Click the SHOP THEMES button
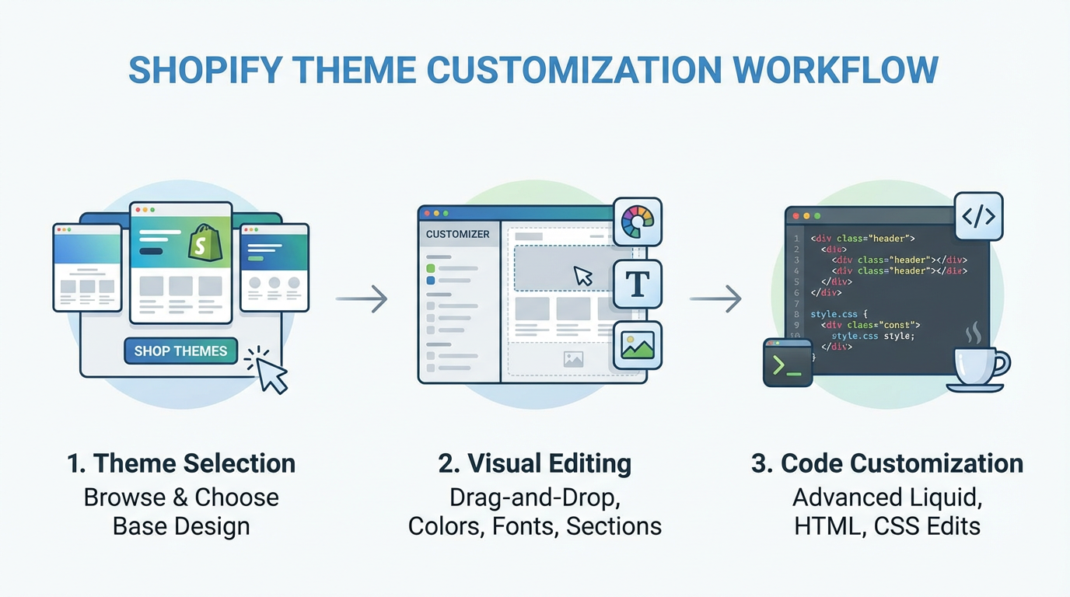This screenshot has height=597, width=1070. pos(180,351)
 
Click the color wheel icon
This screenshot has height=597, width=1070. pos(637,222)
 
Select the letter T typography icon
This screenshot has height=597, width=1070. pos(637,284)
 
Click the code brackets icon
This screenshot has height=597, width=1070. pos(977,217)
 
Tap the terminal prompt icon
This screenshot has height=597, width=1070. pos(787,362)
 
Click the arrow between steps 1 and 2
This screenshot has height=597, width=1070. pos(362,298)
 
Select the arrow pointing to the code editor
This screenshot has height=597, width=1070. pos(715,298)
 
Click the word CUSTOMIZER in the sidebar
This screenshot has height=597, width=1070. pos(458,234)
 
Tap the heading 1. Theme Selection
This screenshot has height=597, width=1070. pos(181,463)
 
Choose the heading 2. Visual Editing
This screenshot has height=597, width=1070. pos(535,463)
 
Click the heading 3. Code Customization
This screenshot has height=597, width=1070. pos(887,463)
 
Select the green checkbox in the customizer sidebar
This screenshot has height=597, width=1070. pos(431,268)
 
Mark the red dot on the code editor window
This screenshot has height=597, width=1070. pos(795,215)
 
